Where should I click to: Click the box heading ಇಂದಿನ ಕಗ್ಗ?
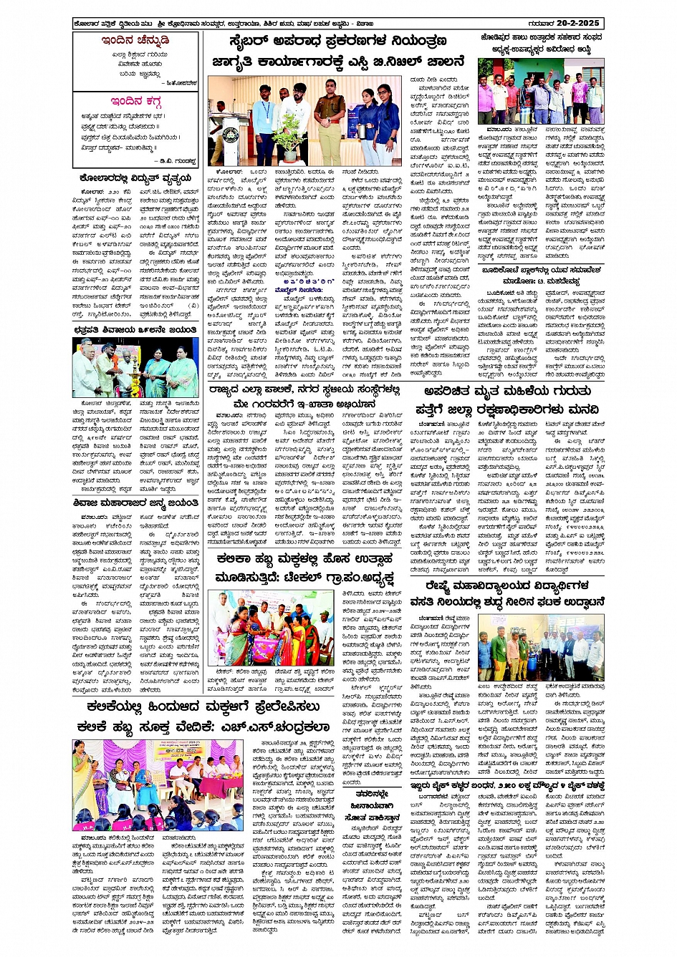136,101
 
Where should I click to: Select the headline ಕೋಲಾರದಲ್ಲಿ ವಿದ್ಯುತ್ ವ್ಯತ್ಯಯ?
135,178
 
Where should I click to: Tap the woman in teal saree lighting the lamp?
158,369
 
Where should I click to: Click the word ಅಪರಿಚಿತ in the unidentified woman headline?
452,392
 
